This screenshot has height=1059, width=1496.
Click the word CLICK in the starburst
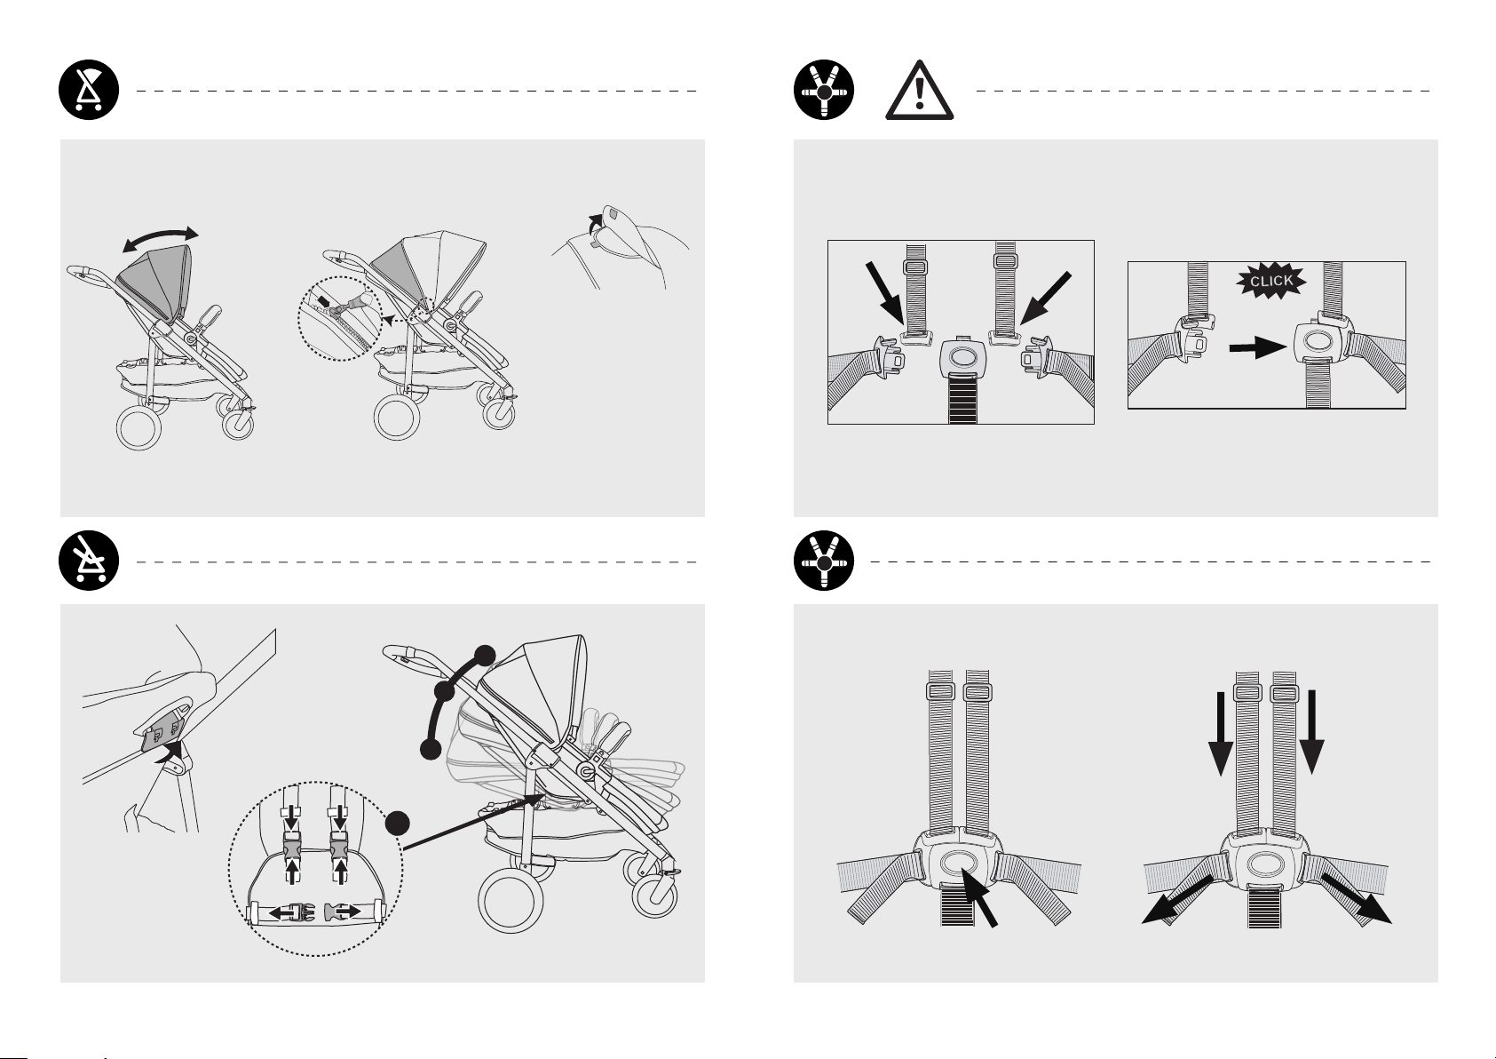coord(1271,282)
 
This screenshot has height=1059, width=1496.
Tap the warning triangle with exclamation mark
coord(920,91)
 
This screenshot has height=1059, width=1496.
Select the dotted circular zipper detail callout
coord(340,319)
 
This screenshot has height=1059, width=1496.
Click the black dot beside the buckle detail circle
coord(398,824)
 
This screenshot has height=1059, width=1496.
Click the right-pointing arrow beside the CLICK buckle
coord(1258,347)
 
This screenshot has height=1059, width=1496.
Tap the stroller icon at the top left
coord(89,91)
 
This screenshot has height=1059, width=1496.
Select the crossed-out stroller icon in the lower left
coord(89,561)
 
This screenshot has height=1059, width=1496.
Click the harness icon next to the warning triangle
coord(824,91)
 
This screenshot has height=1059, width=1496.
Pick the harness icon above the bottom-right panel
coord(824,561)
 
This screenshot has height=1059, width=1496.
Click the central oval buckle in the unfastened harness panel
coord(962,357)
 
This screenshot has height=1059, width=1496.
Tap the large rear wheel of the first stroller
coord(139,427)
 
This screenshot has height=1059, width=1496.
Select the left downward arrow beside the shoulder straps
coord(1221,734)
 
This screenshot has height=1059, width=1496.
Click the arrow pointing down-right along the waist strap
coord(1356,899)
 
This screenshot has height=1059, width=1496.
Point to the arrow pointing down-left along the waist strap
coord(1177,900)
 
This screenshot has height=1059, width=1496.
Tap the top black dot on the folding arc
coord(485,657)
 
